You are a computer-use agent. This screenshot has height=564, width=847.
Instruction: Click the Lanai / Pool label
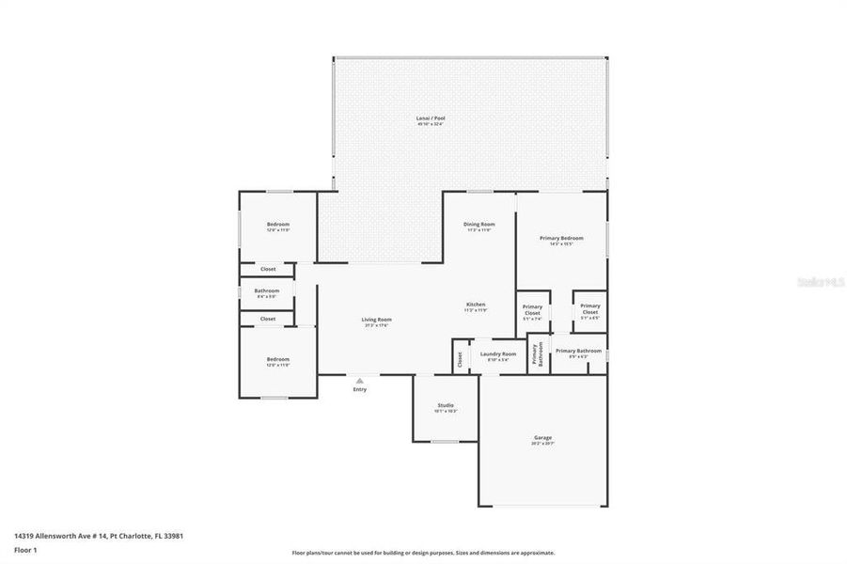431,118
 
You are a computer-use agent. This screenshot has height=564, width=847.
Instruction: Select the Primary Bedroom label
561,239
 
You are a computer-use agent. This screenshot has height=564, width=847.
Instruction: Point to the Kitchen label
477,305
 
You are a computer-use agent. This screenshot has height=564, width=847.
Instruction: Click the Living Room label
377,320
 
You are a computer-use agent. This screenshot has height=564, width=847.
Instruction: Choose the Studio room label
445,406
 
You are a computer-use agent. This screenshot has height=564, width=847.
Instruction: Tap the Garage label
543,438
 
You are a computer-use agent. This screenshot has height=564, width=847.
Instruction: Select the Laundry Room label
497,354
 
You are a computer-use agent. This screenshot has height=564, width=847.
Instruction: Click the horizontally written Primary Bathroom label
578,352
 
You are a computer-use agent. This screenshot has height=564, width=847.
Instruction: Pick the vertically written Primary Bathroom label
538,353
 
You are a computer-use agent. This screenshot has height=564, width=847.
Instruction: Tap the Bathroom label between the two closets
267,291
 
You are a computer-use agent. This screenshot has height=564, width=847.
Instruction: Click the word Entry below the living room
360,389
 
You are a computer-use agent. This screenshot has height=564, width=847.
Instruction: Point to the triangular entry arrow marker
359,380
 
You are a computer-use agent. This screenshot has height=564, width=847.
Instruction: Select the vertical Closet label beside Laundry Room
461,357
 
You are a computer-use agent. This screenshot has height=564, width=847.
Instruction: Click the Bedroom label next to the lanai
278,225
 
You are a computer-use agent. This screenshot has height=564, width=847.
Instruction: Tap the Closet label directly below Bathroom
268,319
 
